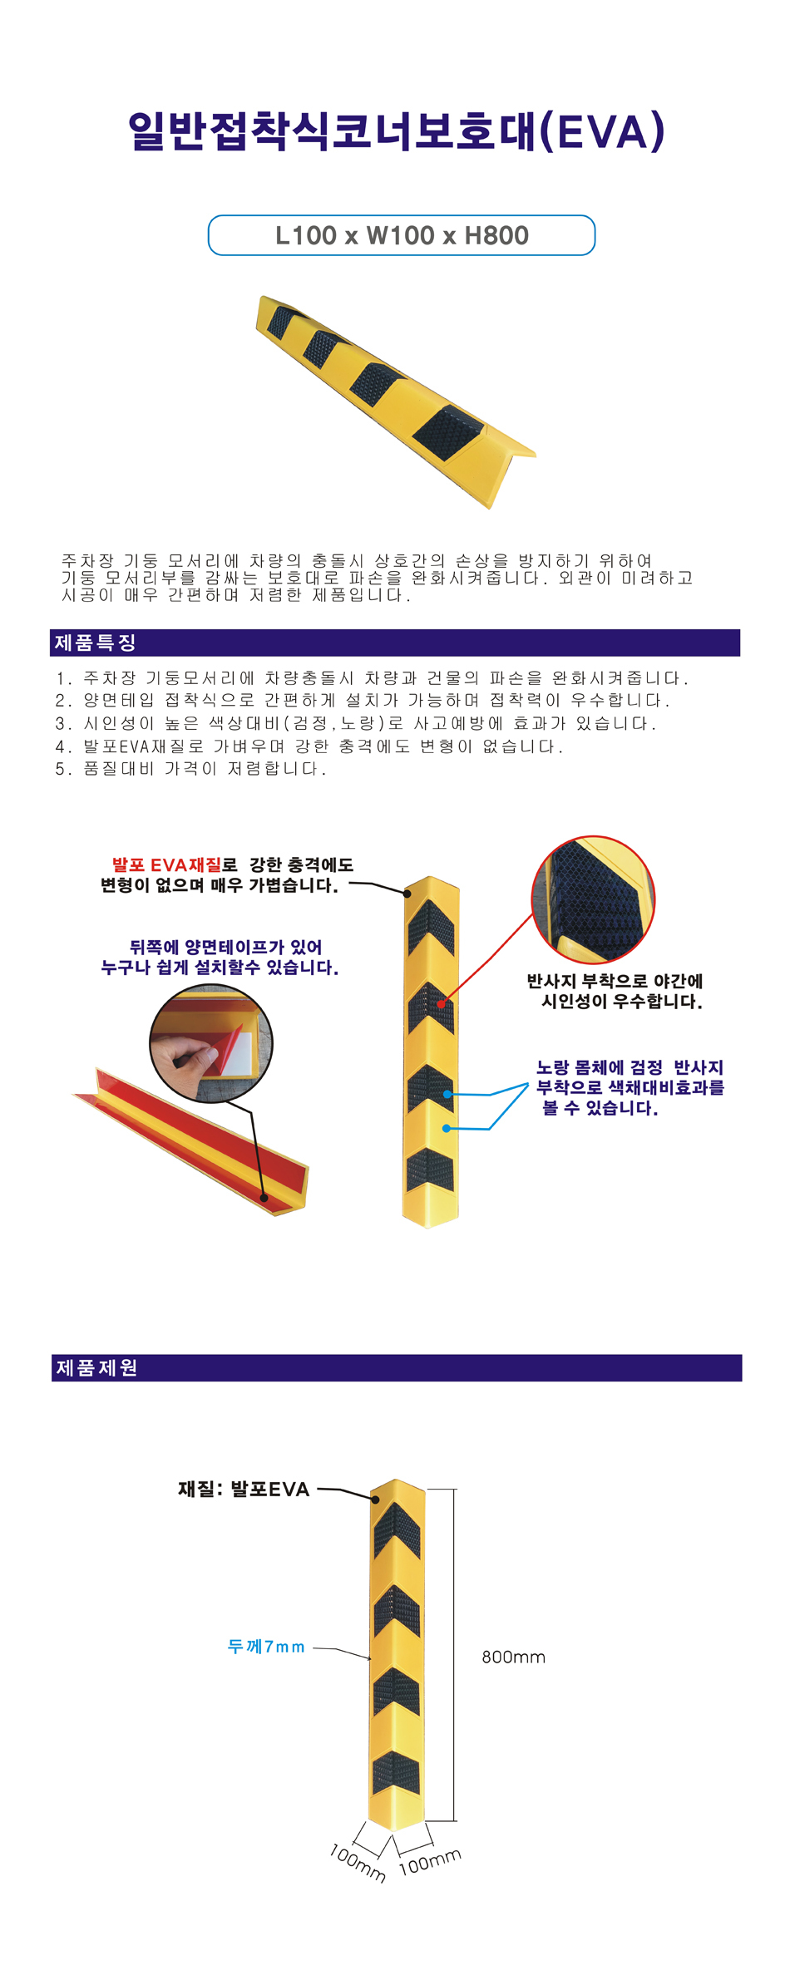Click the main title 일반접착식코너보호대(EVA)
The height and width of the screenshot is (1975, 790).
point(397,132)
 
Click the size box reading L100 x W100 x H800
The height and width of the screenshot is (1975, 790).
point(402,235)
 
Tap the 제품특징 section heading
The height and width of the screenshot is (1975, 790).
point(95,643)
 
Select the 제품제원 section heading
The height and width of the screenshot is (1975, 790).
point(96,1368)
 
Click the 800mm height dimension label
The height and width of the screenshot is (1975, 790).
point(513,1657)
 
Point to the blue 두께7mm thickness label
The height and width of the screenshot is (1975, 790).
point(266,1647)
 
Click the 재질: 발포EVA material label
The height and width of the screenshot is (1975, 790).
point(244,1490)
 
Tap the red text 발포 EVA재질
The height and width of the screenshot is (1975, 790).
point(167,865)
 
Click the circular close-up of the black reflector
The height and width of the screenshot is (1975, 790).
point(593,899)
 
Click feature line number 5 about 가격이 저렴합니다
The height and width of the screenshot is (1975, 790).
point(191,769)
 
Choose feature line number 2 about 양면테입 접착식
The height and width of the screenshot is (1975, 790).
point(363,701)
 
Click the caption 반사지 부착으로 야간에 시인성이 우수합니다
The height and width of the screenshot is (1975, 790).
point(615,991)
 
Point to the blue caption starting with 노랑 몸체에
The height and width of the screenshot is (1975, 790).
point(630,1087)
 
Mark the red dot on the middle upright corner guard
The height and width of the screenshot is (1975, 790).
point(441,1004)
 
